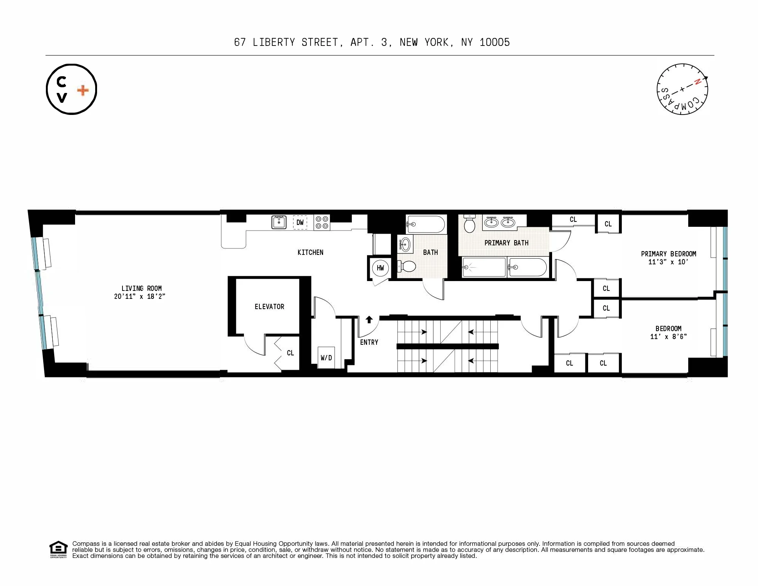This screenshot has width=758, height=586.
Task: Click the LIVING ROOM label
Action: pyautogui.click(x=141, y=288)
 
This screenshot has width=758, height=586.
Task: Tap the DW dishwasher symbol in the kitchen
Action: pyautogui.click(x=300, y=223)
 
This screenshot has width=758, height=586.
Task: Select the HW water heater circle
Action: pyautogui.click(x=380, y=268)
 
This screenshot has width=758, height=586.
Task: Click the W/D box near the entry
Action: pyautogui.click(x=326, y=357)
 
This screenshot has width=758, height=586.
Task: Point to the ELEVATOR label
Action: pyautogui.click(x=269, y=306)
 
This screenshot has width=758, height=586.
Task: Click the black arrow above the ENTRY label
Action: pyautogui.click(x=369, y=319)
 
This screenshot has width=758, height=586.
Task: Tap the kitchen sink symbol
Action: pyautogui.click(x=279, y=222)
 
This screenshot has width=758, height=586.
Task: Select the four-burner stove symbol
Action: pyautogui.click(x=322, y=223)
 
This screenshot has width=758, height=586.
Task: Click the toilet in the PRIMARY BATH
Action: pyautogui.click(x=469, y=224)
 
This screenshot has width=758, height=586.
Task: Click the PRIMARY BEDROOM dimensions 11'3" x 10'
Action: pyautogui.click(x=668, y=262)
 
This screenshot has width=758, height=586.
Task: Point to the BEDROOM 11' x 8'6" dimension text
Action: pyautogui.click(x=668, y=336)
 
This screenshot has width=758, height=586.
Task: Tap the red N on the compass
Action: pyautogui.click(x=697, y=82)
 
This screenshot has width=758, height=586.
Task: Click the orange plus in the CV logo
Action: pyautogui.click(x=83, y=90)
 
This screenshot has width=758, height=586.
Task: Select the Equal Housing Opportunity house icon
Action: pyautogui.click(x=58, y=548)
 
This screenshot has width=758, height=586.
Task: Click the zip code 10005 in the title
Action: pyautogui.click(x=494, y=42)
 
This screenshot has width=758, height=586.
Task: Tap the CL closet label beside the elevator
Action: pyautogui.click(x=290, y=353)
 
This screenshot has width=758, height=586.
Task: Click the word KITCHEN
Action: pyautogui.click(x=310, y=252)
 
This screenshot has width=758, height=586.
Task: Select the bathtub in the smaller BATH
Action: pyautogui.click(x=425, y=224)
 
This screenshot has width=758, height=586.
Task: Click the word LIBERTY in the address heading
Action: pyautogui.click(x=274, y=42)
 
